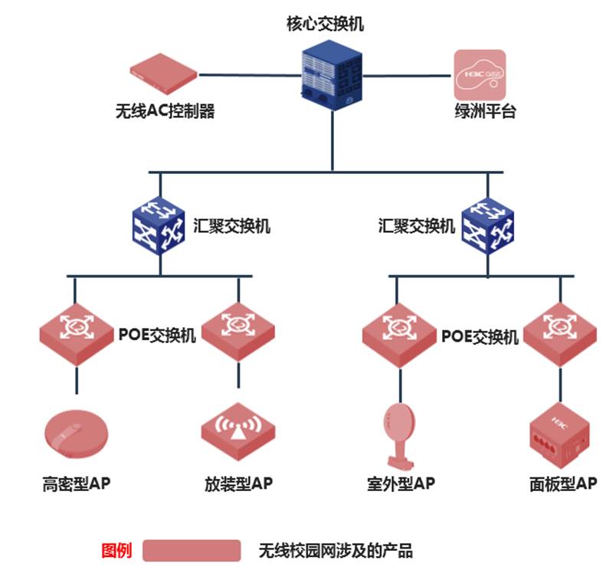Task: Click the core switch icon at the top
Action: (x=330, y=74)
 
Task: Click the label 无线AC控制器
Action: (x=165, y=112)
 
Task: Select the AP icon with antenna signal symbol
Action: (x=237, y=432)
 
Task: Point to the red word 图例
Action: (x=116, y=550)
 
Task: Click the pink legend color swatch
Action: (x=192, y=550)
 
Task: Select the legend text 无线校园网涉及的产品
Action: (x=335, y=550)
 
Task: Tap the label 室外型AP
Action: (x=400, y=484)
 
